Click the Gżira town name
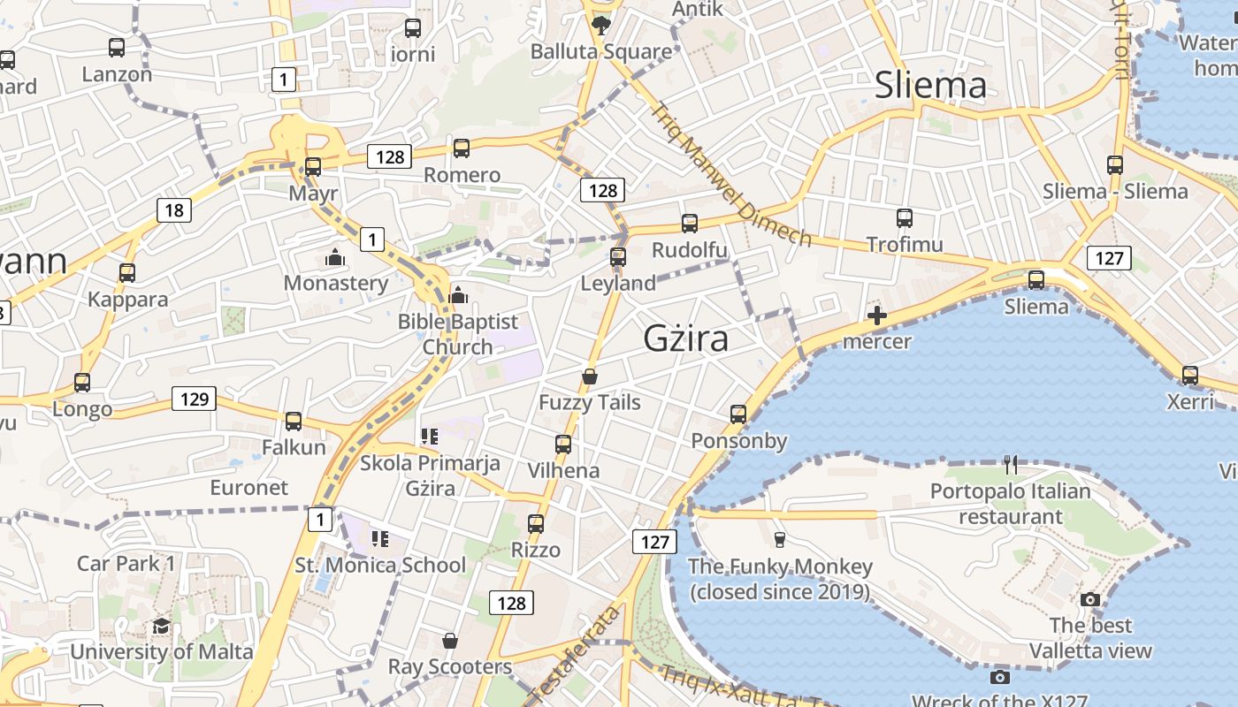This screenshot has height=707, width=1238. point(686,338)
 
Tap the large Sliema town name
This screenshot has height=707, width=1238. point(930,85)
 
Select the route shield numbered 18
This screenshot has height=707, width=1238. point(174,210)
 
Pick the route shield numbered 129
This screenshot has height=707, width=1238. point(194,399)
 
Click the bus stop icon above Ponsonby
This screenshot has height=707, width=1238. point(738,414)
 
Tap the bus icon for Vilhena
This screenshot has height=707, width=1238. point(563,444)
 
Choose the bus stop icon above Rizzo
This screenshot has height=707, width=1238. point(535,523)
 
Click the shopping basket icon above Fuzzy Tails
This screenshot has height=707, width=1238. point(590,376)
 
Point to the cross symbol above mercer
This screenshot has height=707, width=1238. point(877,315)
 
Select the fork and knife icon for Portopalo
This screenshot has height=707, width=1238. point(1011,464)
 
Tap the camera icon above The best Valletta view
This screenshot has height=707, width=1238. point(1090,599)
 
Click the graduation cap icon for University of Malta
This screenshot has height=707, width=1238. point(161,627)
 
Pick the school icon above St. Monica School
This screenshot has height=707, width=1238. point(380,538)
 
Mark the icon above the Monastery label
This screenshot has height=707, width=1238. point(335,257)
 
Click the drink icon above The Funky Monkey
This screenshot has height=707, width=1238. point(779,539)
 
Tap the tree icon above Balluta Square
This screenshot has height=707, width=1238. point(601,25)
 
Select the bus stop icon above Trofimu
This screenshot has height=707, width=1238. point(904,217)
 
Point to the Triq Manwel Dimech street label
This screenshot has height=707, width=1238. point(730,174)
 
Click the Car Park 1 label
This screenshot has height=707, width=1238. point(126,563)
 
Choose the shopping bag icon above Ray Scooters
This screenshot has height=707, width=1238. point(450,641)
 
